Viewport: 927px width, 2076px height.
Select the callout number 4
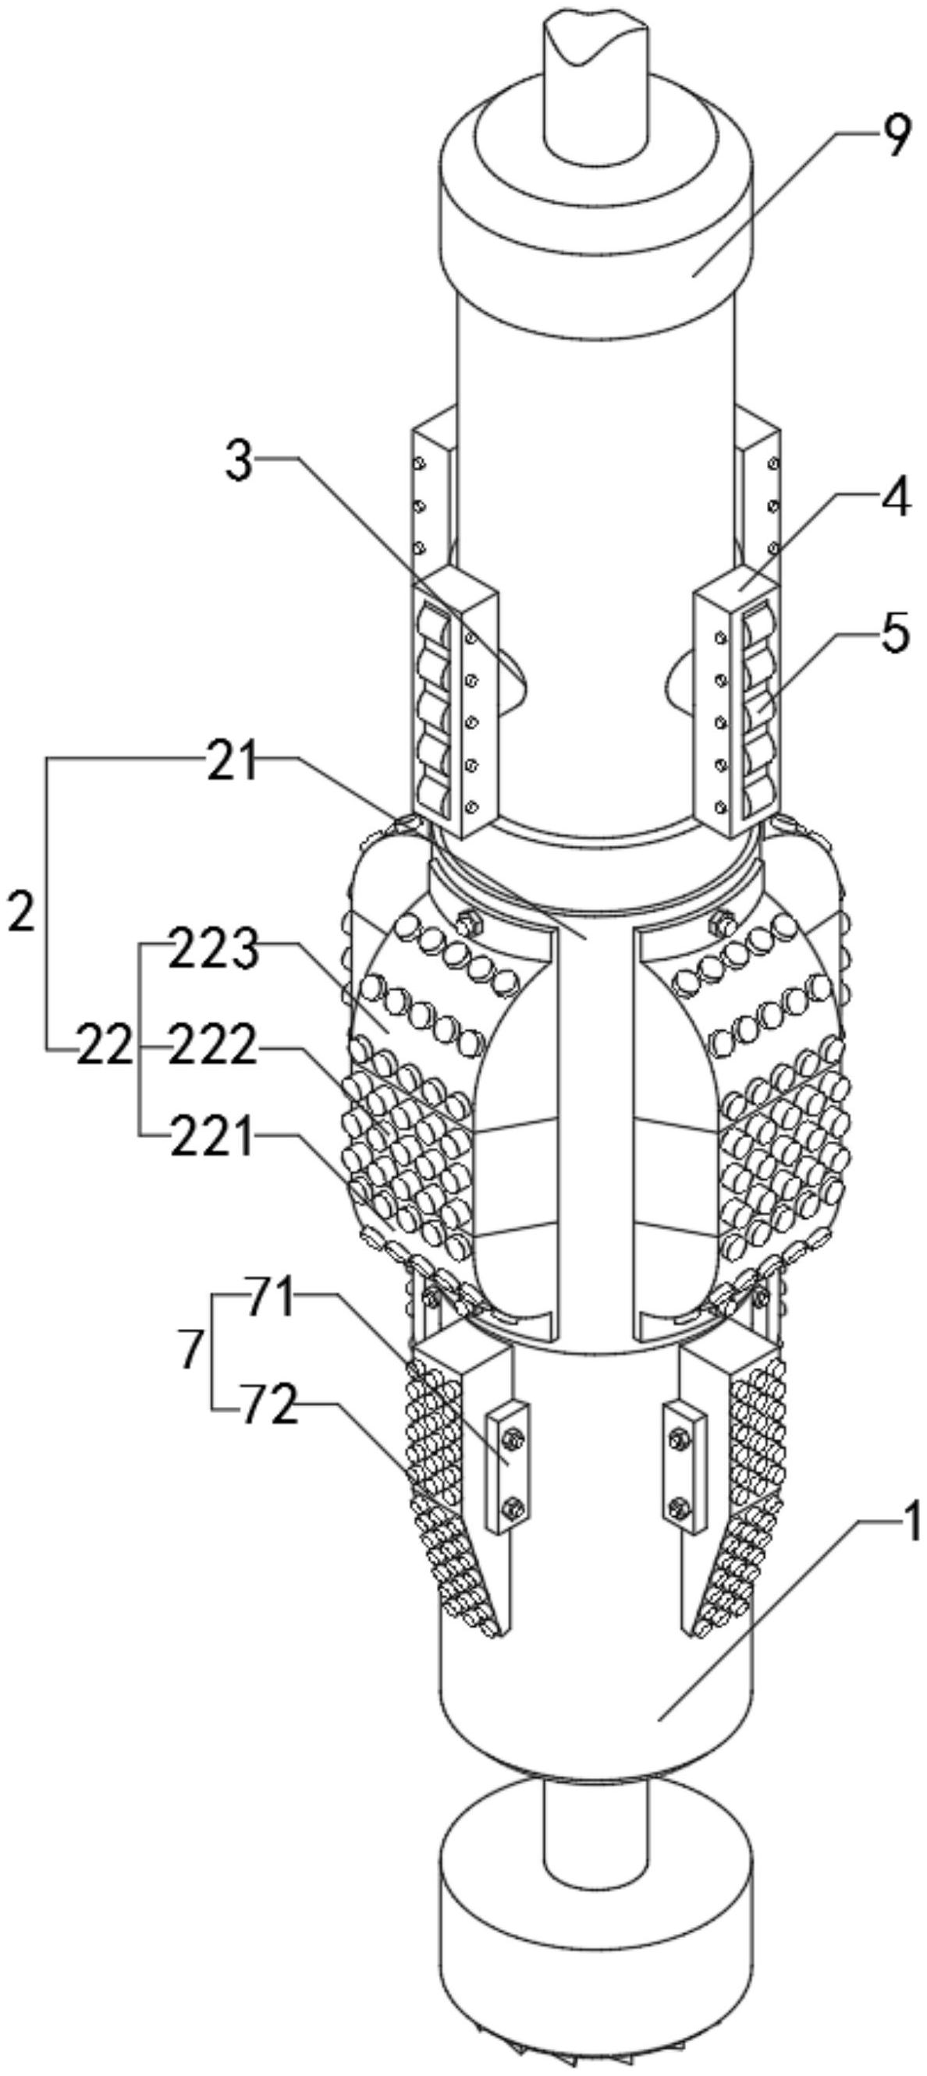[893, 498]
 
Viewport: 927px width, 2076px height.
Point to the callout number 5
[892, 632]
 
